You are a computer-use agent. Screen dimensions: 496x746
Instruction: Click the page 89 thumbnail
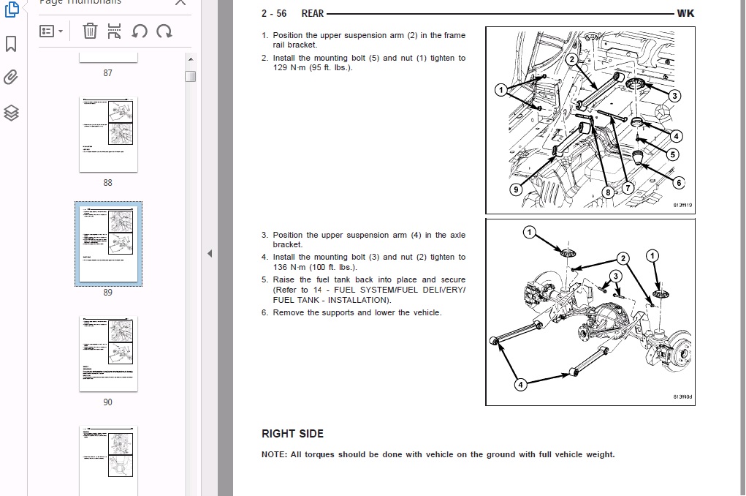(108, 244)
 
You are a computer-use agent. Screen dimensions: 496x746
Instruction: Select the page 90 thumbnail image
(108, 353)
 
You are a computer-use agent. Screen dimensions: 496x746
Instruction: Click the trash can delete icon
(90, 31)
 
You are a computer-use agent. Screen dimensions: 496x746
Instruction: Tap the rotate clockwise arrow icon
(164, 31)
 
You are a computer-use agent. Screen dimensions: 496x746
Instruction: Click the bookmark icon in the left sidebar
(11, 45)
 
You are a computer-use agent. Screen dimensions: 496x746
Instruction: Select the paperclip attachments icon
(11, 78)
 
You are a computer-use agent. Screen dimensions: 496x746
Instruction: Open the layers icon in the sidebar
(11, 112)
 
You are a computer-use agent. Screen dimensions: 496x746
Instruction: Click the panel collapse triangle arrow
(210, 254)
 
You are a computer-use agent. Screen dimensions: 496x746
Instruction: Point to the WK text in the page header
(685, 13)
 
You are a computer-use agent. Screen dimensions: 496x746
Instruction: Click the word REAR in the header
(312, 13)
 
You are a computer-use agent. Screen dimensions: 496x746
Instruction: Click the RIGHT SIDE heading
(292, 434)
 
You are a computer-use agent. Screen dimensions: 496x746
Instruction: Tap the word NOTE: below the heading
(274, 454)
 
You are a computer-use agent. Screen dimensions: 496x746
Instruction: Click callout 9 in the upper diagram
(516, 189)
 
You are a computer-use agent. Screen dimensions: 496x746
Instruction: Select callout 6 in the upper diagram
(679, 183)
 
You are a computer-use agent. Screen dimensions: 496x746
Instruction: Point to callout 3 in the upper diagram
(674, 96)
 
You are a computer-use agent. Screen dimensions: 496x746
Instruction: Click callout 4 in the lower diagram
(520, 385)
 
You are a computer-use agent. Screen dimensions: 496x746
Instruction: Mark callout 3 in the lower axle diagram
(616, 276)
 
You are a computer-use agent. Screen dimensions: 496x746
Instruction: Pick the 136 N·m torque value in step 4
(281, 267)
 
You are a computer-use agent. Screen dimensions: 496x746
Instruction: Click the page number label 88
(108, 183)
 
